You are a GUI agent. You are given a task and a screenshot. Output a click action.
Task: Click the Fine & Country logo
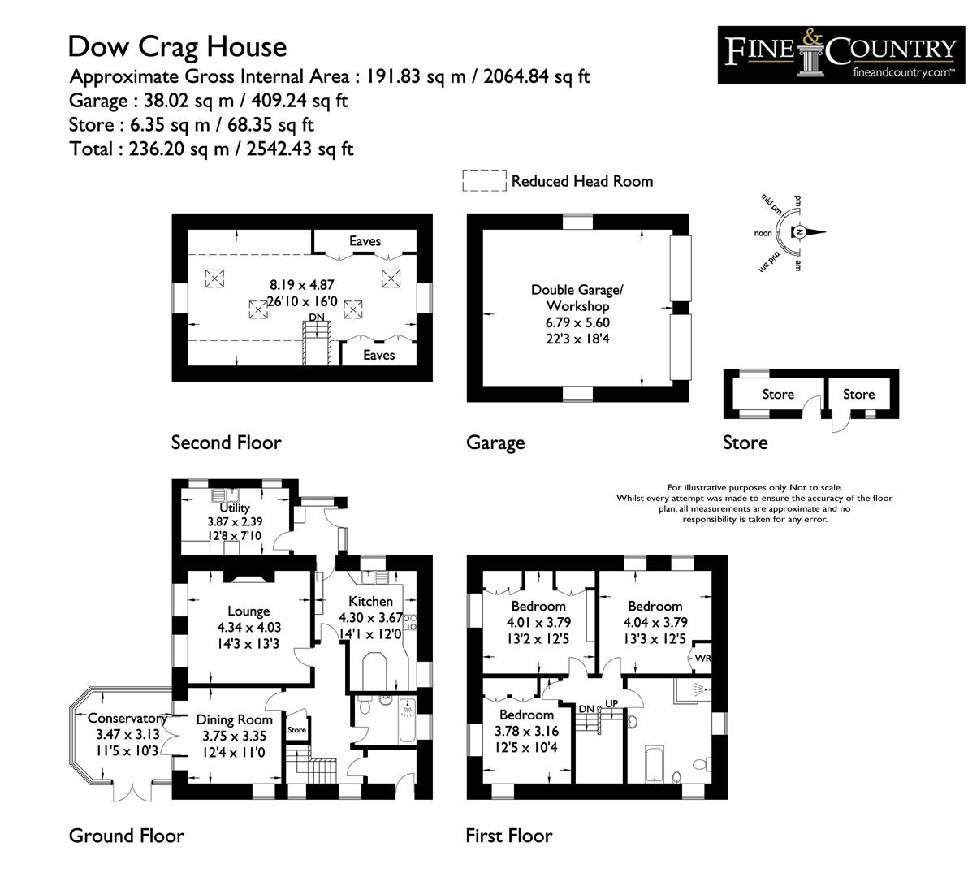pos(839,54)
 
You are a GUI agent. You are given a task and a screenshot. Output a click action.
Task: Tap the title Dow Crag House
pos(177,46)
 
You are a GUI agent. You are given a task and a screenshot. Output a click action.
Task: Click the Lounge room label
pos(248,611)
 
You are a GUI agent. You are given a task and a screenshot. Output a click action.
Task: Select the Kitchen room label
pos(370,602)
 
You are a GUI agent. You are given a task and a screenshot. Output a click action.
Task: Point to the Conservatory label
pos(127,718)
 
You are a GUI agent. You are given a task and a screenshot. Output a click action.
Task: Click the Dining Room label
pos(234,719)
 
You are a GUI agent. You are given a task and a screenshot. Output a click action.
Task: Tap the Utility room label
pos(235,508)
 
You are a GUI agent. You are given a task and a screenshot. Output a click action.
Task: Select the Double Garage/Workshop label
pos(577,298)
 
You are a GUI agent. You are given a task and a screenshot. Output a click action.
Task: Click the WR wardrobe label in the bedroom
pos(702,658)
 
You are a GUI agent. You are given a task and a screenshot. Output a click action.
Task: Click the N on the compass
pos(800,233)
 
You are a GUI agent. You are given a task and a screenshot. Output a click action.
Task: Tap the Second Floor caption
pos(226,443)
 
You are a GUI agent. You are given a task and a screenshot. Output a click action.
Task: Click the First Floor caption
pos(508,836)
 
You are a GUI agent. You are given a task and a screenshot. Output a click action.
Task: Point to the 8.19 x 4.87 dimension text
pos(302,285)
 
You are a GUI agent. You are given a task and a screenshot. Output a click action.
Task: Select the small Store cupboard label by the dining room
pos(297,730)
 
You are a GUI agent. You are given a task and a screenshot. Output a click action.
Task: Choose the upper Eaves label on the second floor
pos(365,241)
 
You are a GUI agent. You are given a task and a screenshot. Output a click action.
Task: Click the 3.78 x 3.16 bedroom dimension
pos(526,731)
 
